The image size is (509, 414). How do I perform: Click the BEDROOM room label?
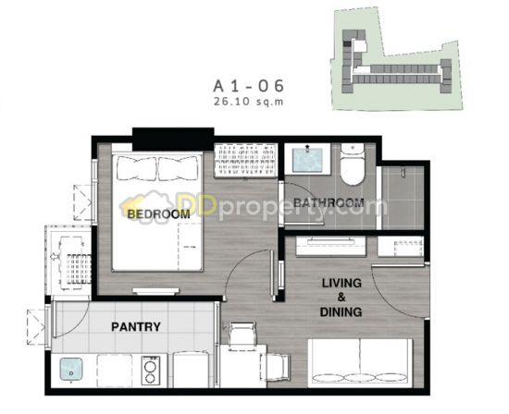[158, 214]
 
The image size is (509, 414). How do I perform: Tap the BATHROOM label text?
[329, 203]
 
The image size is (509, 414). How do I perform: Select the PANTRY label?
[136, 327]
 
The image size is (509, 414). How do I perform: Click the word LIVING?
[341, 283]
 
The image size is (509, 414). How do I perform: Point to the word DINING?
[341, 311]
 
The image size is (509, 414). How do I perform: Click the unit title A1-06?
[248, 86]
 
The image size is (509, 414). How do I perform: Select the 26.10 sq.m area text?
[248, 102]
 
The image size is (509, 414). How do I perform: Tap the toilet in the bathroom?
[353, 164]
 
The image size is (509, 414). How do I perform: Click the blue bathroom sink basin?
[307, 160]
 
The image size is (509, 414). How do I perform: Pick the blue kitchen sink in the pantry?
[70, 370]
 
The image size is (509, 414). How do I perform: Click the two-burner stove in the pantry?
[151, 371]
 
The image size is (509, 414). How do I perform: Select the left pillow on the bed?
[137, 168]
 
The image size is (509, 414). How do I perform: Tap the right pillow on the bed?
[178, 168]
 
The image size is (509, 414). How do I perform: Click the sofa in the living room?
[360, 363]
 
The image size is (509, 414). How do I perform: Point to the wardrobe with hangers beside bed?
[246, 161]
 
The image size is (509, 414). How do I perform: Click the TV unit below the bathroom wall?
[330, 246]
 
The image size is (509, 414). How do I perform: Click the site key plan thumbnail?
[397, 59]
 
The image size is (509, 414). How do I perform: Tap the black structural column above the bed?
[173, 139]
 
